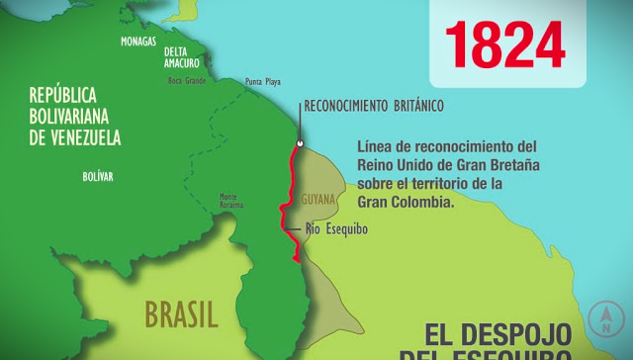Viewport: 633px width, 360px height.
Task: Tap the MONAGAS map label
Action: pyautogui.click(x=138, y=42)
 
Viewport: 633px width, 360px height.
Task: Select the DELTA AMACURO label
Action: pyautogui.click(x=181, y=57)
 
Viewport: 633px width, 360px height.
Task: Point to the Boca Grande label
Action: pyautogui.click(x=187, y=80)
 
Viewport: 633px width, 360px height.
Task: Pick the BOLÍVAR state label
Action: pyautogui.click(x=98, y=176)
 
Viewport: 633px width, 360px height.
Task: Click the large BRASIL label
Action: pyautogui.click(x=181, y=315)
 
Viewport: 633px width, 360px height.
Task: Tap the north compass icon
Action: pyautogui.click(x=605, y=317)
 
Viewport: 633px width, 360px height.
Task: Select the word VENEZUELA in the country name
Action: pyautogui.click(x=87, y=137)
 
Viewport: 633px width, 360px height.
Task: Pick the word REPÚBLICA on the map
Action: pyautogui.click(x=63, y=95)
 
